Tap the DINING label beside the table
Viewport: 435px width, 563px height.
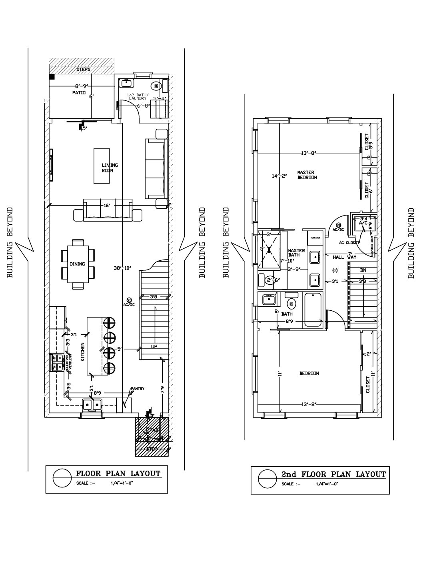click(78, 264)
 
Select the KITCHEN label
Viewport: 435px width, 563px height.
click(83, 352)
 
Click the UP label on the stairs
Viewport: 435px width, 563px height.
click(154, 346)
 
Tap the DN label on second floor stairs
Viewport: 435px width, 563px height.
click(363, 271)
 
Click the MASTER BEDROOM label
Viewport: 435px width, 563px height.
click(307, 175)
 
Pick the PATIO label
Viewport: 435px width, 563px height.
click(79, 92)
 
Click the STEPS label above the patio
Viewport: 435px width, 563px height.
click(83, 70)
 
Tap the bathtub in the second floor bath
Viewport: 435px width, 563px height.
click(313, 309)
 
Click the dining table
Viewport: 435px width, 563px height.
click(78, 264)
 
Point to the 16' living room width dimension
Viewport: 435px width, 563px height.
click(106, 205)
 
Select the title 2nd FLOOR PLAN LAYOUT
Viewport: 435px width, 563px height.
click(333, 475)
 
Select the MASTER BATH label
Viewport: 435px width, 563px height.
click(296, 253)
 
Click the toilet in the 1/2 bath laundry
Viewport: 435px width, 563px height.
click(156, 85)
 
